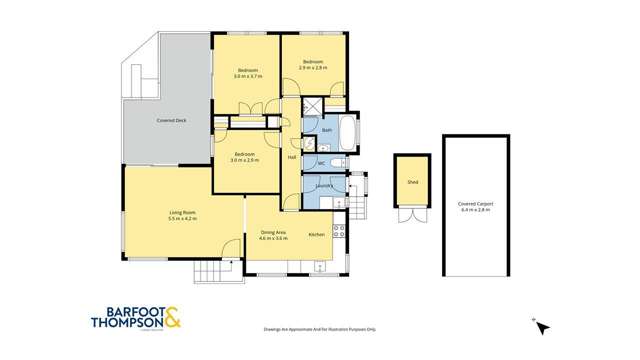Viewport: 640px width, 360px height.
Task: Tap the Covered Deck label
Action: (172, 120)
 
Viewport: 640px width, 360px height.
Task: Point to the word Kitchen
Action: (316, 233)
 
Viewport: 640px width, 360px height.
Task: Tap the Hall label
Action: (292, 158)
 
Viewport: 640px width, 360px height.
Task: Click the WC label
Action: (322, 163)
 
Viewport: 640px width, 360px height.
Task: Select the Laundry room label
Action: (323, 185)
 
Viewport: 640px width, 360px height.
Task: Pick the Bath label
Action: (327, 130)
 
